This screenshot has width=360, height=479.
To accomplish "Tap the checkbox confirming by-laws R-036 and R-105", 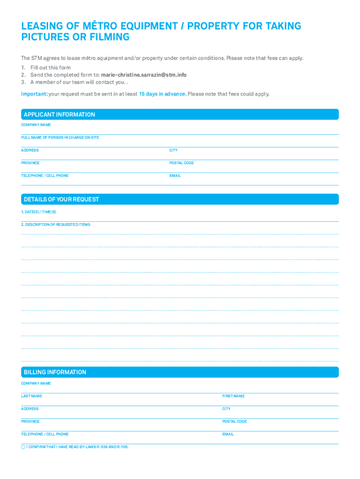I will [23, 447].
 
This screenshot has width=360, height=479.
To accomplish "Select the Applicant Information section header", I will [59, 115].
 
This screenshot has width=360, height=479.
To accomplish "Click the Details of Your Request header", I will [61, 199].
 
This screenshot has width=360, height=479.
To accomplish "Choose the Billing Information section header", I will [55, 372].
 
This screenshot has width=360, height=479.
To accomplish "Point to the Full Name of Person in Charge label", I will [60, 138].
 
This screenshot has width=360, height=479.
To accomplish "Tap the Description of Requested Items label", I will [56, 225].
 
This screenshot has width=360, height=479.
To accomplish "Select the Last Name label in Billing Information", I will [31, 396].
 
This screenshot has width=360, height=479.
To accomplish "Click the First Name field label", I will [233, 396].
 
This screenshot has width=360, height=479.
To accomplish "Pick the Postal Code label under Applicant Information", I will [181, 163].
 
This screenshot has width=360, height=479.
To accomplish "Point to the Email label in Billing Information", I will [228, 434].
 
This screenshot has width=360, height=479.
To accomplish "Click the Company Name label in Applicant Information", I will [36, 125].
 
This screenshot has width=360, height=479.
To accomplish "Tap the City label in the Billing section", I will [226, 409].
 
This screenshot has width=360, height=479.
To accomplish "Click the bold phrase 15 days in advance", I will [162, 94].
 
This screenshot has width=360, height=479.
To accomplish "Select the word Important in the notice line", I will [34, 94].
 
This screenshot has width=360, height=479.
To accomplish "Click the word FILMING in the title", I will [107, 37].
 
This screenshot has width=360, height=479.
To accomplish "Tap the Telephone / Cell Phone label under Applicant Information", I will [44, 175].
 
